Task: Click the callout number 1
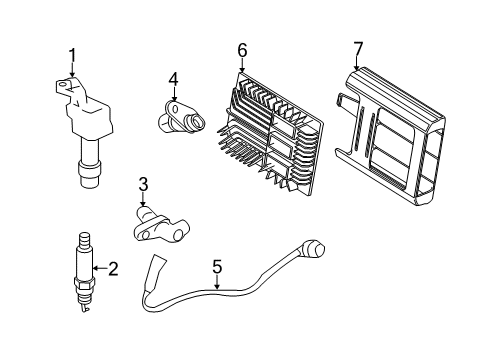71,55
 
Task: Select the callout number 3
143,183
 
